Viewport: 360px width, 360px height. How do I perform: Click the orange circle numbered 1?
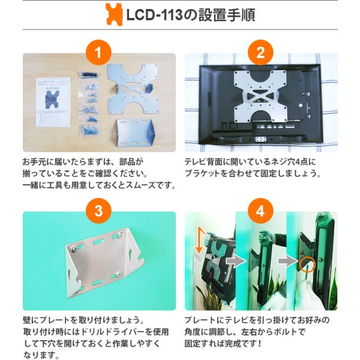pyautogui.click(x=98, y=53)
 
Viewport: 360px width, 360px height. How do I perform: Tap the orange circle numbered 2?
pyautogui.click(x=260, y=53)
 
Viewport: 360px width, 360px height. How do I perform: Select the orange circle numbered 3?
pyautogui.click(x=98, y=211)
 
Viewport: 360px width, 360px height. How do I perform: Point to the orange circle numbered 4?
pyautogui.click(x=260, y=211)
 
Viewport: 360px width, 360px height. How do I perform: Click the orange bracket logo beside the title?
pyautogui.click(x=114, y=14)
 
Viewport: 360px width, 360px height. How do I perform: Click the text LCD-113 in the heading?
pyautogui.click(x=155, y=15)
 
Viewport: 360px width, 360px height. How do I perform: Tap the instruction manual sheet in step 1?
pyautogui.click(x=53, y=103)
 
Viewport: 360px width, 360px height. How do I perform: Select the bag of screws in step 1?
pyautogui.click(x=89, y=104)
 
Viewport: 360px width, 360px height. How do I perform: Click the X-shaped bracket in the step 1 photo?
pyautogui.click(x=133, y=89)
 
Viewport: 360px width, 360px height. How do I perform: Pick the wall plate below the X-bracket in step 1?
pyautogui.click(x=136, y=132)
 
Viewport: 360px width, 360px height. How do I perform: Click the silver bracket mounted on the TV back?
pyautogui.click(x=260, y=96)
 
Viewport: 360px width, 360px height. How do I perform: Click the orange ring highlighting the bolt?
pyautogui.click(x=308, y=264)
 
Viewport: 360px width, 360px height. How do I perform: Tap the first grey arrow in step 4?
pyautogui.click(x=236, y=261)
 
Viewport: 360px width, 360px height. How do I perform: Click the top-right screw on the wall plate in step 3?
pyautogui.click(x=120, y=235)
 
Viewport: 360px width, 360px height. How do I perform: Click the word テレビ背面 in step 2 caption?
pyautogui.click(x=203, y=162)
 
